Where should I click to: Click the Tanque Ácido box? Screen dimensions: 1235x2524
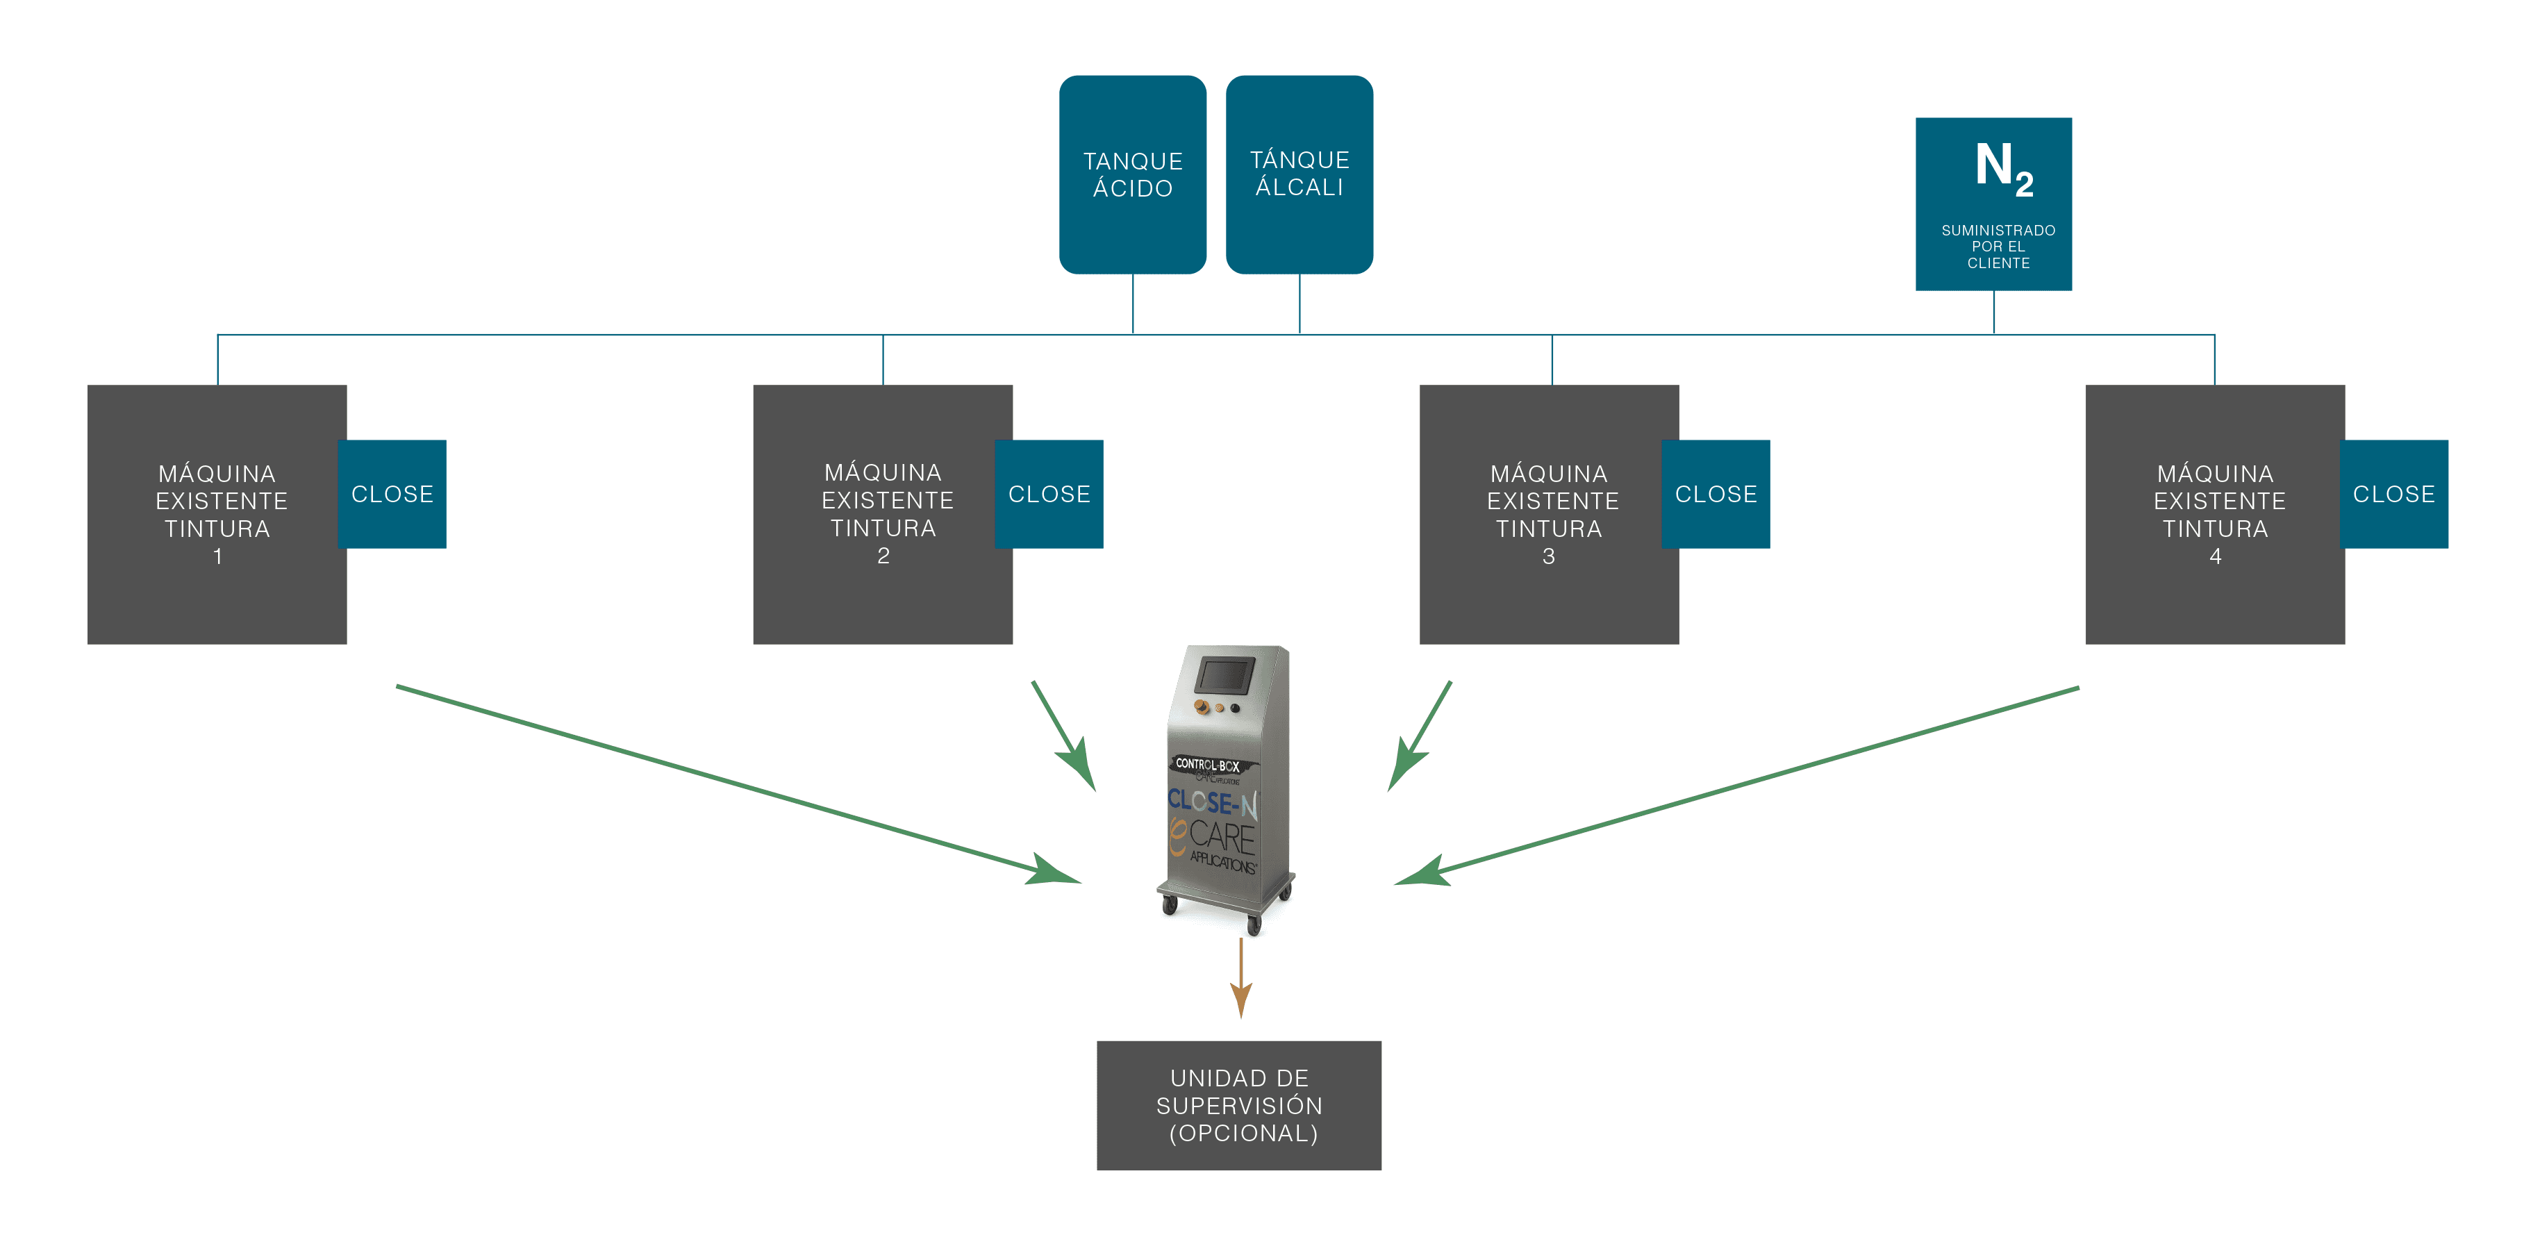click(x=1133, y=174)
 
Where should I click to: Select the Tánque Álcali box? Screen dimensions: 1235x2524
click(x=1300, y=174)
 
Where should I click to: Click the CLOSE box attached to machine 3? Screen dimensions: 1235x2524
click(x=1716, y=494)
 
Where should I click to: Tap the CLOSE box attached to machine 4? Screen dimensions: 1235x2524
click(x=2393, y=494)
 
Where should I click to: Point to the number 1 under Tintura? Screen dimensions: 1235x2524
click(x=217, y=557)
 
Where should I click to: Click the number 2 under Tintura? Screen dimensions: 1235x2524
click(x=883, y=556)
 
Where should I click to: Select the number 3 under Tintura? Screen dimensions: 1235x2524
click(x=1549, y=557)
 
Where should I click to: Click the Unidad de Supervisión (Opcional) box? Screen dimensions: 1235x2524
click(x=1238, y=1106)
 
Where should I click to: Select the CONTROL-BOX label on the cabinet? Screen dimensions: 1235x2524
click(x=1207, y=765)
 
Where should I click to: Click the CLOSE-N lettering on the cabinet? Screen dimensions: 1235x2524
click(x=1212, y=803)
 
